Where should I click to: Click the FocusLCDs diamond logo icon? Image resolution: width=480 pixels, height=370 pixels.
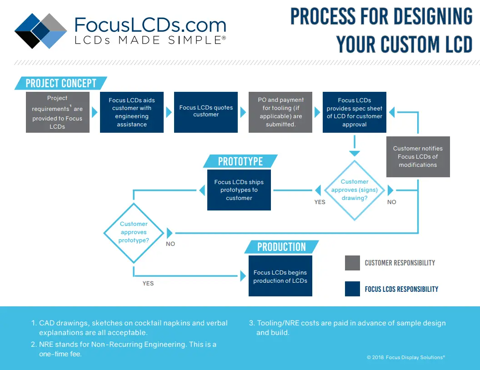41,30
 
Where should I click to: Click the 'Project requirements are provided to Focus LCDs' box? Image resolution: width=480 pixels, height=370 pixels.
58,112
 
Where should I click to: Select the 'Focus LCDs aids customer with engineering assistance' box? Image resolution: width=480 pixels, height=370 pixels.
131,112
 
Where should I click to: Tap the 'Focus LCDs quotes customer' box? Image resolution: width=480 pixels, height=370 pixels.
206,112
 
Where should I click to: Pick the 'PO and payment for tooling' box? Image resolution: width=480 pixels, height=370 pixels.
280,112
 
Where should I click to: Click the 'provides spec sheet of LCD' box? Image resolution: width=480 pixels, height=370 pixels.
355,112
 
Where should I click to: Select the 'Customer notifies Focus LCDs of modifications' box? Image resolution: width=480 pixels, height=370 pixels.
418,157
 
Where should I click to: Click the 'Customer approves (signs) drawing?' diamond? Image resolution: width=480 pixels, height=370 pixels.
355,190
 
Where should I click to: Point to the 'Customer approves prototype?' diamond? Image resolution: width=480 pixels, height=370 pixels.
134,232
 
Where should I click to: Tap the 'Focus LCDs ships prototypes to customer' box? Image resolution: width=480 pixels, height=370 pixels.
239,190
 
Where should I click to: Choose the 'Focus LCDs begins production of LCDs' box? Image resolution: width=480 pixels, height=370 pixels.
280,276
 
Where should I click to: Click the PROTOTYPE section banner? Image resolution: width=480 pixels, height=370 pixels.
240,161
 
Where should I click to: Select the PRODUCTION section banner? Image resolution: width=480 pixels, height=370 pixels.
281,247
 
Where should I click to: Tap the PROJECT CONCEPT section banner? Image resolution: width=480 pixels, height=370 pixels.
61,83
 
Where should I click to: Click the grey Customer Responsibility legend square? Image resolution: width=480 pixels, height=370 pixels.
352,263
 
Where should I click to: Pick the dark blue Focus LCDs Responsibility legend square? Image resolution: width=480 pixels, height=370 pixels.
352,289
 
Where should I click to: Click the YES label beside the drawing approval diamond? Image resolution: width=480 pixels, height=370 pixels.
320,202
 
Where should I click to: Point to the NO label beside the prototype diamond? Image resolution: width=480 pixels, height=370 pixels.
170,244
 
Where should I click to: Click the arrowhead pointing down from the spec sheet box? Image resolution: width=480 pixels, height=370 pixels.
355,153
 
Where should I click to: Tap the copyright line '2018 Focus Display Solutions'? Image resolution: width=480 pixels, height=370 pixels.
405,357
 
